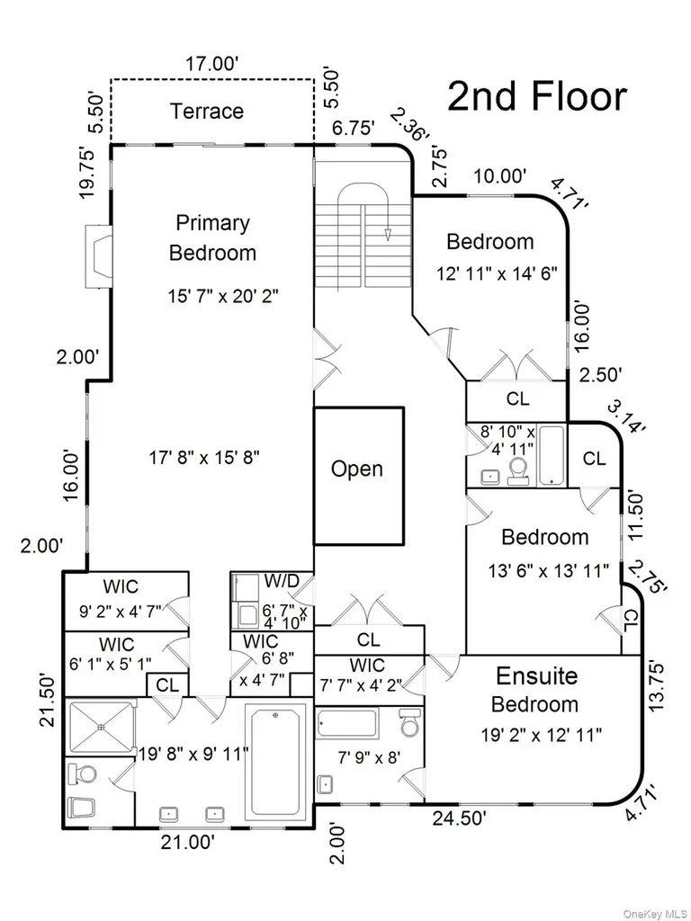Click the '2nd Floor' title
point(537,96)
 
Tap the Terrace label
point(207,111)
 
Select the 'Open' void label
point(356,469)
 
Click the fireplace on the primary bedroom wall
point(98,256)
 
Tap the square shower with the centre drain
point(101,727)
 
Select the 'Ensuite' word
point(536,676)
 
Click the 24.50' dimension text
point(459,818)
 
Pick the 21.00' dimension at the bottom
point(187,842)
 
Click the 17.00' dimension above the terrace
point(212,64)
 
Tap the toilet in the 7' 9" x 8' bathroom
point(409,722)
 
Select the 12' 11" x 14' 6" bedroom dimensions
point(496,273)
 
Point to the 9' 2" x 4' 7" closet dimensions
point(121,611)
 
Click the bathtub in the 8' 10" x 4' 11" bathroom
point(552,456)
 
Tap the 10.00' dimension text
point(500,175)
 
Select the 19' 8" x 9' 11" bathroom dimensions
point(193,753)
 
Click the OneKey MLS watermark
point(653,914)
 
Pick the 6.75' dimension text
point(353,128)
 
